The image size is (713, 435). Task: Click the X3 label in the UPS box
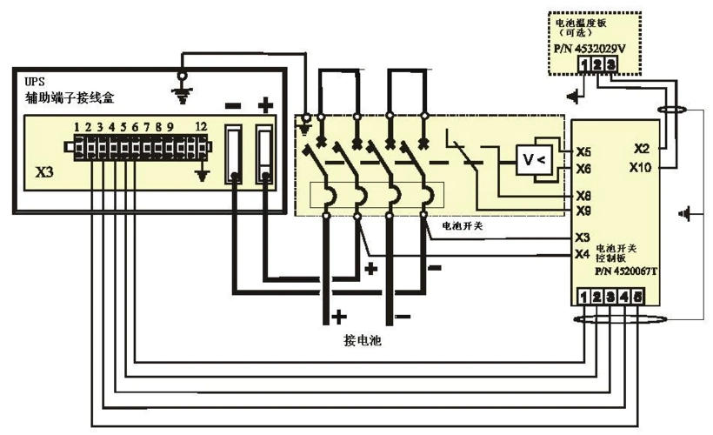click(45, 172)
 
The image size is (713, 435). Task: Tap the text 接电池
click(361, 341)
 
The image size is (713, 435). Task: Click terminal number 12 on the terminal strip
click(202, 127)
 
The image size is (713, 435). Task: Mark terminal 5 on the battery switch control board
click(639, 298)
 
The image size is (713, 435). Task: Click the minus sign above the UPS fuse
click(234, 106)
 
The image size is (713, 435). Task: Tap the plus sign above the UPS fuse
click(265, 105)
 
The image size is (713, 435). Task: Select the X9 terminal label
click(583, 211)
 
